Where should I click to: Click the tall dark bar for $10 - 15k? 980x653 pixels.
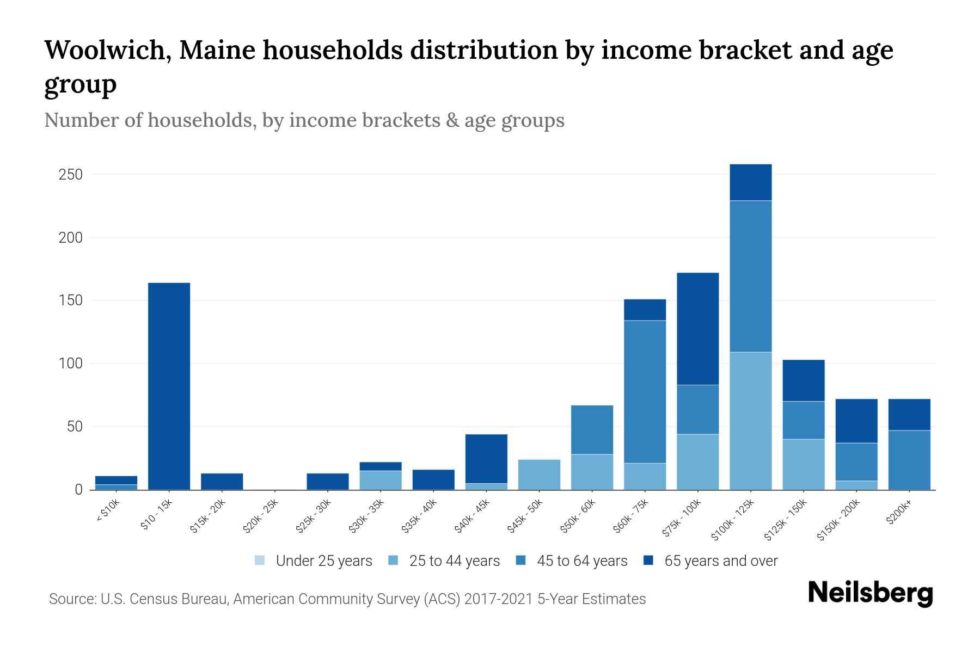click(x=169, y=386)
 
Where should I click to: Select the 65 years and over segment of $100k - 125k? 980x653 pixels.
click(x=750, y=182)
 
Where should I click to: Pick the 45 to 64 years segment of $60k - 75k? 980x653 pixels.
click(x=645, y=392)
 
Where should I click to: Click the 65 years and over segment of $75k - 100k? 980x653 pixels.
click(x=697, y=329)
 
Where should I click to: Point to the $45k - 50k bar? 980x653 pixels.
click(x=539, y=475)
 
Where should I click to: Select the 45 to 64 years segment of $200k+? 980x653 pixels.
click(x=909, y=460)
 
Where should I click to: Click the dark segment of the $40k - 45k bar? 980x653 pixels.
click(x=486, y=459)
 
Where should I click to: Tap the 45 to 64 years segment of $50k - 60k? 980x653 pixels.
click(x=592, y=430)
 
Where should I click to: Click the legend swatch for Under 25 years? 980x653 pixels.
click(x=260, y=560)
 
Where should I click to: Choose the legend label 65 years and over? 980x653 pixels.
click(x=721, y=561)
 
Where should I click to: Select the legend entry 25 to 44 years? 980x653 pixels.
click(x=454, y=561)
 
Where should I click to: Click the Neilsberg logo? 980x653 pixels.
click(x=870, y=594)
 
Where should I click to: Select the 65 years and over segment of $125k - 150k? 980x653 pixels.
click(x=803, y=380)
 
